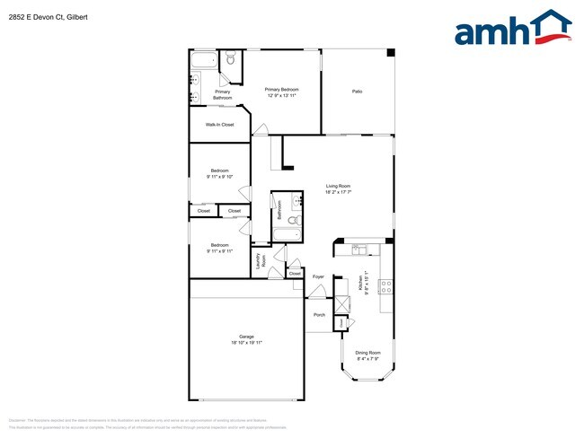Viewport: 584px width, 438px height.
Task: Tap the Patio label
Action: point(357,92)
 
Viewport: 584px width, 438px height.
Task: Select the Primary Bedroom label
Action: point(281,89)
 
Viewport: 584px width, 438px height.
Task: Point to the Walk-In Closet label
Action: point(219,125)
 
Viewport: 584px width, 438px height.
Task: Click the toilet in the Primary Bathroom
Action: point(230,60)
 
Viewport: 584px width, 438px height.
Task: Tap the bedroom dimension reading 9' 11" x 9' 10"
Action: point(220,177)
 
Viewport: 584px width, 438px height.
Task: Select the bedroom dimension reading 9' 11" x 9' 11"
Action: point(220,251)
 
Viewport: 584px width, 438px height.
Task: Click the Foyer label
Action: point(318,277)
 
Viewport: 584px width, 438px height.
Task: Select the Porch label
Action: point(319,315)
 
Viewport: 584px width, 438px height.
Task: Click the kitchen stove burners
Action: point(386,287)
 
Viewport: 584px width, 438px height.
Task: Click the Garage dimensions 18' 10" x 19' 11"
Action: point(246,343)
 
